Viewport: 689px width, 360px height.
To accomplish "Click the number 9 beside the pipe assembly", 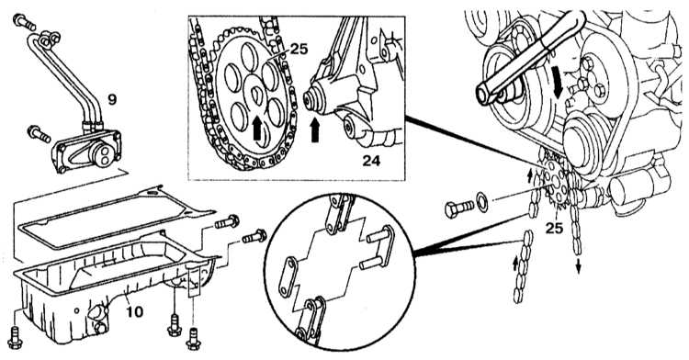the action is tap(112, 100).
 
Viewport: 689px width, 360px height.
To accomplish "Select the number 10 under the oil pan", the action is tap(134, 311).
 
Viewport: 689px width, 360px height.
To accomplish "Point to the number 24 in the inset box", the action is tap(371, 161).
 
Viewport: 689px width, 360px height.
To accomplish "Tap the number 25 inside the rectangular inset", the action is tap(299, 50).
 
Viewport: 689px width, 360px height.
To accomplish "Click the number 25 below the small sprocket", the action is tap(554, 228).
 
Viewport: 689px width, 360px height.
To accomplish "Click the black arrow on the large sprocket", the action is tap(257, 130).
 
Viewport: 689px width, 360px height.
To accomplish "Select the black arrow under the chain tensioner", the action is tap(315, 130).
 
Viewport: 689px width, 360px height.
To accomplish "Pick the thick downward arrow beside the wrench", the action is tap(559, 87).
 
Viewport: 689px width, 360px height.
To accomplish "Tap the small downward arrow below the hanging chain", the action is tap(578, 266).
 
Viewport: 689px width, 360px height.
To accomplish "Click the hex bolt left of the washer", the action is tap(459, 208).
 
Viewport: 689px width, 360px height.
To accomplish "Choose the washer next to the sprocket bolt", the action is tap(482, 203).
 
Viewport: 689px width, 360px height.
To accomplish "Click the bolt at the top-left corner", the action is tap(24, 22).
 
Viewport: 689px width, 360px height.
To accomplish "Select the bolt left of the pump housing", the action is tap(40, 133).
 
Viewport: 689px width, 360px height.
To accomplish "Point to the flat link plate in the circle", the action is tap(288, 277).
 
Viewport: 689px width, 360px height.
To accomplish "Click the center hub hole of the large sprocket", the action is tap(256, 94).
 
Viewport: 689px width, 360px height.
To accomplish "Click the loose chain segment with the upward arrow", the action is tap(523, 266).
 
